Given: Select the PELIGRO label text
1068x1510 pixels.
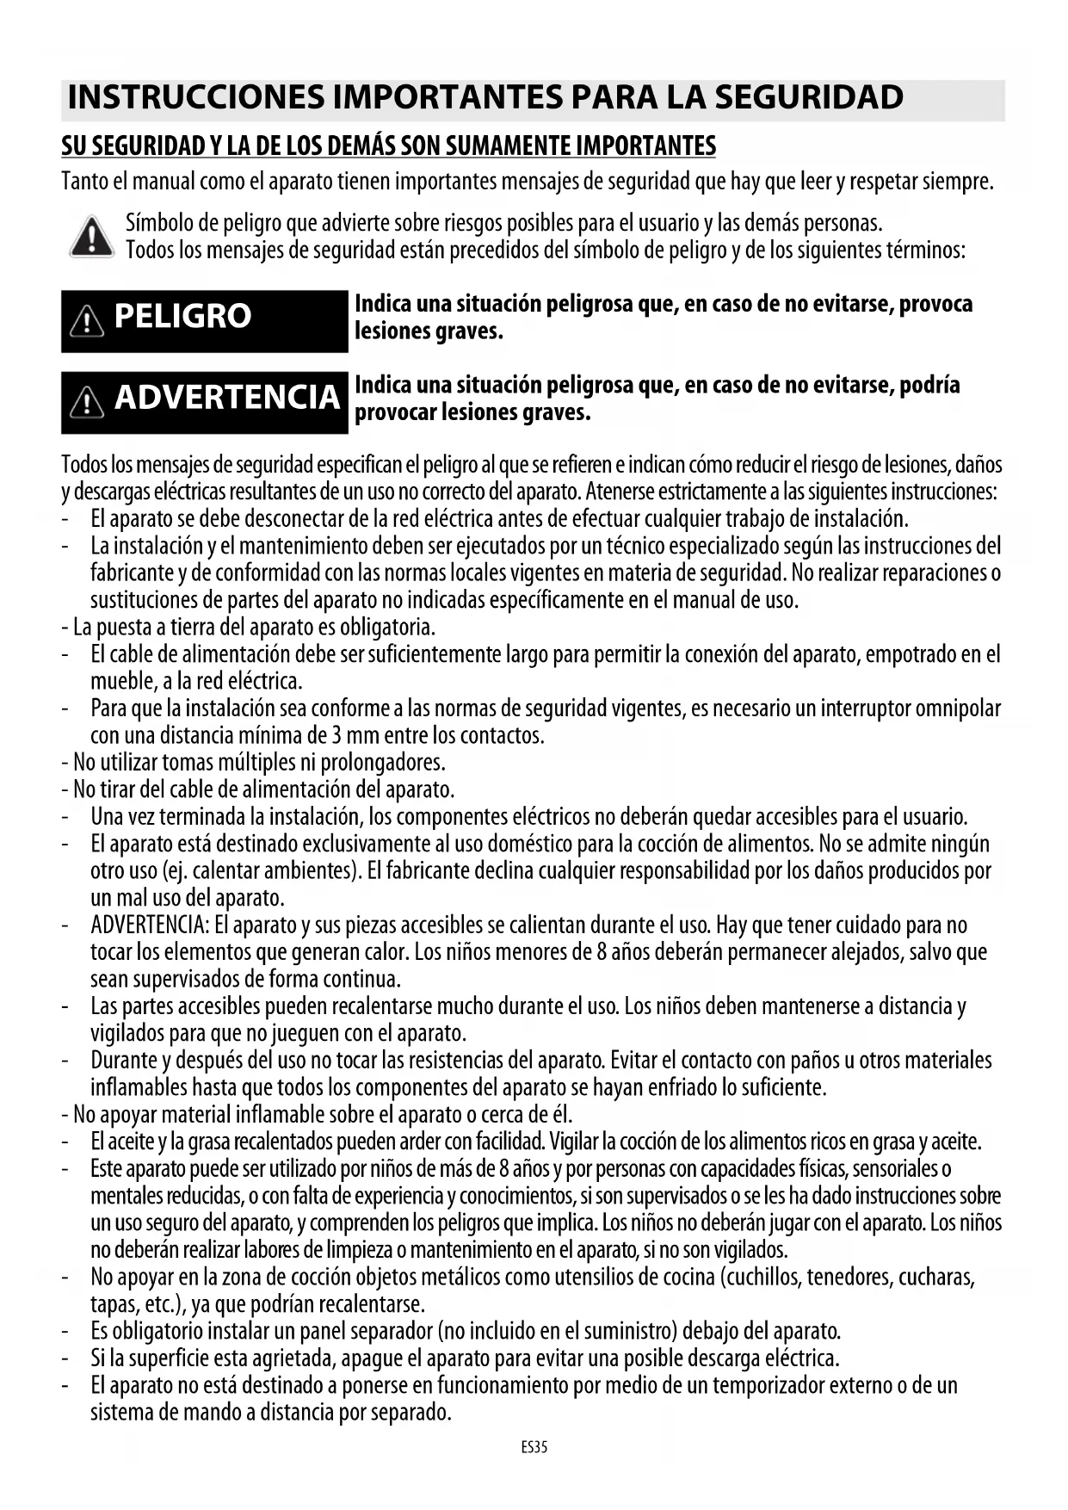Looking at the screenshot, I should pyautogui.click(x=182, y=317).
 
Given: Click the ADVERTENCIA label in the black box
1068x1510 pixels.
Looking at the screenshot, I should pyautogui.click(x=227, y=398).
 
